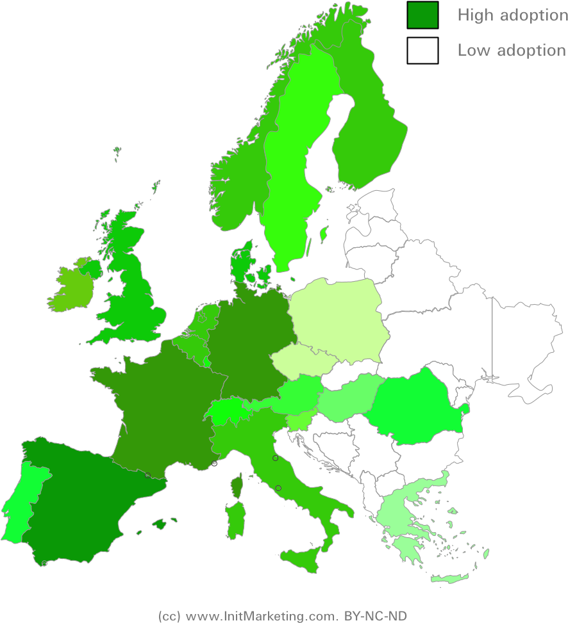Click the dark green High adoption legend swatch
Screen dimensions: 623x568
point(422,15)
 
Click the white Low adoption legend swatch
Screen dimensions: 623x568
point(422,51)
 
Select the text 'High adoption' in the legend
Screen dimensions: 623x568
point(512,15)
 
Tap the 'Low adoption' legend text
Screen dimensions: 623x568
point(512,51)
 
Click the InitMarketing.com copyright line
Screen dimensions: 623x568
point(282,616)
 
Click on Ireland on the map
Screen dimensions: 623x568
point(72,288)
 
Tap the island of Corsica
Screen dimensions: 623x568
point(237,487)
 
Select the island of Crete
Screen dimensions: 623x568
point(452,579)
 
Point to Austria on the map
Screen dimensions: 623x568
point(298,394)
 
